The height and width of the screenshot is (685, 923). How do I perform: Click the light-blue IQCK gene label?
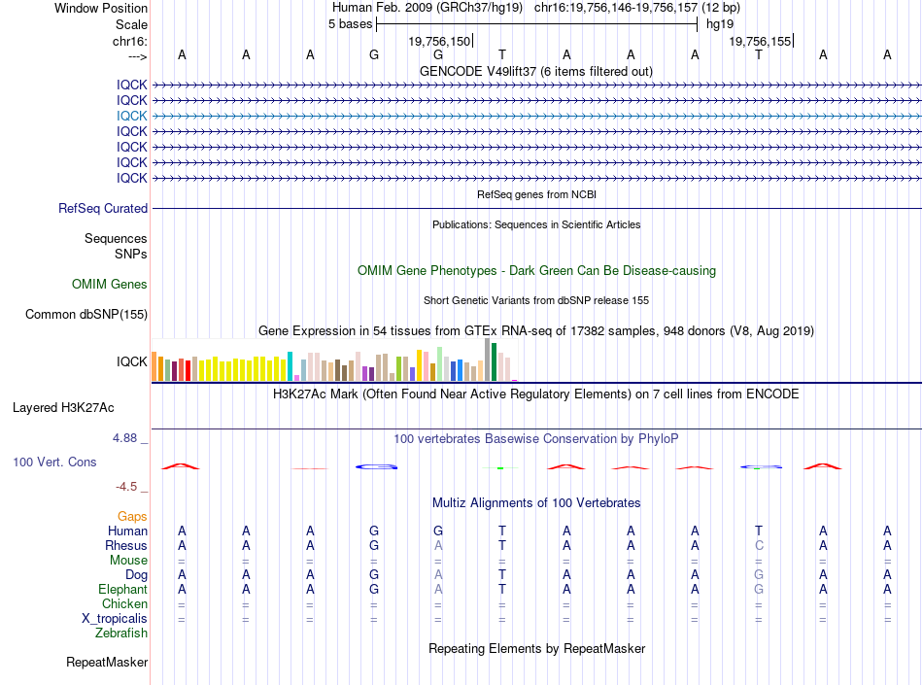(131, 116)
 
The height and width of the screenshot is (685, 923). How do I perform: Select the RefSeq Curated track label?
(103, 208)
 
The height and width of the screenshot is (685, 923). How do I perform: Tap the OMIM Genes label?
(110, 285)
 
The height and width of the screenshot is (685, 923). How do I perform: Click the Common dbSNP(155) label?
(86, 314)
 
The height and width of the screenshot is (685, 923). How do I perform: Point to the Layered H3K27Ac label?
(63, 408)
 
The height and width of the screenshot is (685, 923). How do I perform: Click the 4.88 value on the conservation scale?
(124, 438)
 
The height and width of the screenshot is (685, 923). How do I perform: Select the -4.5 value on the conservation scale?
(126, 487)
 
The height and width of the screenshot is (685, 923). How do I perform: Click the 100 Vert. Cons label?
(54, 462)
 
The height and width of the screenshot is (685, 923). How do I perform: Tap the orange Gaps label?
(132, 516)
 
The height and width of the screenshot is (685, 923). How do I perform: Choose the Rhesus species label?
(126, 545)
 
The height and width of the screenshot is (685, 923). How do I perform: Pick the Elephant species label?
(122, 589)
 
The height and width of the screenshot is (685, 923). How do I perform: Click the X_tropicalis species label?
(115, 619)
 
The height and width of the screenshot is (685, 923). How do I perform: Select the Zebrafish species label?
(121, 634)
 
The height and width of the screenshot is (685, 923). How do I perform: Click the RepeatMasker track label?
(107, 662)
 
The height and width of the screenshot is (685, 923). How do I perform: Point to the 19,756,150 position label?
(440, 41)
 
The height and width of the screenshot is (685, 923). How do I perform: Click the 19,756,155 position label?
(760, 41)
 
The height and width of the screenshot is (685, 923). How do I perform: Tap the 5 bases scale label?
(350, 24)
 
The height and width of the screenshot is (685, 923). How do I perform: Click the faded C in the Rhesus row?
(759, 545)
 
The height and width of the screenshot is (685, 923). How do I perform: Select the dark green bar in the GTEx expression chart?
(495, 361)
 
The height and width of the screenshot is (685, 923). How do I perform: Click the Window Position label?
(101, 8)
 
